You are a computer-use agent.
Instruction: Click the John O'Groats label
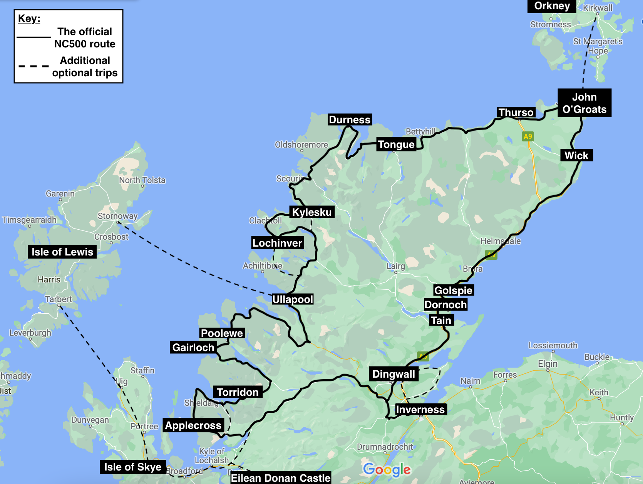tap(584, 103)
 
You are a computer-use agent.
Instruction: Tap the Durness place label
tap(350, 120)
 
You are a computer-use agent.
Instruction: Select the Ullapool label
tap(293, 299)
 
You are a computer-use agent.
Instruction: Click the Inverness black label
tap(420, 409)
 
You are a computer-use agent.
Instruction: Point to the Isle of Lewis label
tap(62, 252)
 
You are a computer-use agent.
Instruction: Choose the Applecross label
tap(193, 425)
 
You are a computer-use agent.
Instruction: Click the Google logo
tap(387, 469)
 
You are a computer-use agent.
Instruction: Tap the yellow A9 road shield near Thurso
tap(527, 136)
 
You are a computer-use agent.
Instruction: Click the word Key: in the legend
tap(29, 18)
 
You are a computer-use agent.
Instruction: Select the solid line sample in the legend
tap(34, 37)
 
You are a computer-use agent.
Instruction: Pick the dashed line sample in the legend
tap(34, 66)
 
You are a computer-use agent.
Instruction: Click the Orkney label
tap(552, 6)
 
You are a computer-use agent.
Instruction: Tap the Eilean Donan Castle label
tap(281, 478)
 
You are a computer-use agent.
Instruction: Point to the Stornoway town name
tap(117, 216)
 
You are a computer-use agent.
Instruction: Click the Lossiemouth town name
tap(553, 345)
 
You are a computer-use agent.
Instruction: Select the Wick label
tap(576, 155)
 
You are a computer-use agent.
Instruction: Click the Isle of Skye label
tap(133, 467)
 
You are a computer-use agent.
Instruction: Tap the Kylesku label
tap(312, 212)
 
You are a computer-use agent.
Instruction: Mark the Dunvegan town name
tap(90, 420)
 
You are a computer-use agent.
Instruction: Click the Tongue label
tap(396, 145)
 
